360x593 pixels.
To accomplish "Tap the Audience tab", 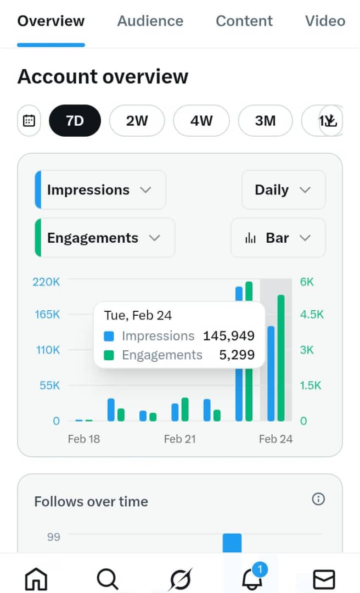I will [150, 21].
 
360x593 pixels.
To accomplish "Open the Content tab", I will [245, 21].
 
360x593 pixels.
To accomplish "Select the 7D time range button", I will [75, 120].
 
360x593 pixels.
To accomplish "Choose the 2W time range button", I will [137, 120].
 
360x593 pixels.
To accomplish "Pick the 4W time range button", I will [201, 120].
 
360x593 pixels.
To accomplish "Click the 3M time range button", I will [265, 120].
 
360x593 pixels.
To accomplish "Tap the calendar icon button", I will [29, 120].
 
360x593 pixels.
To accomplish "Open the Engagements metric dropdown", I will [105, 238].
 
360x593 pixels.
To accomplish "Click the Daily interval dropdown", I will [283, 190].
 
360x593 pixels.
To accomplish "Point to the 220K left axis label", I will [46, 282].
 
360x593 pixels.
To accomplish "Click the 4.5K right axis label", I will [312, 315].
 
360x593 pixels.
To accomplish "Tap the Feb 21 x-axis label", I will [179, 439].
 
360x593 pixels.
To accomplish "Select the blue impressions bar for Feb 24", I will [271, 373].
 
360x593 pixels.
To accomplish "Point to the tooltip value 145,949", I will [228, 335].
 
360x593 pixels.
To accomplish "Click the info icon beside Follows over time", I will [318, 499].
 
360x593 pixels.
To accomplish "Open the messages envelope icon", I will [323, 579].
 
